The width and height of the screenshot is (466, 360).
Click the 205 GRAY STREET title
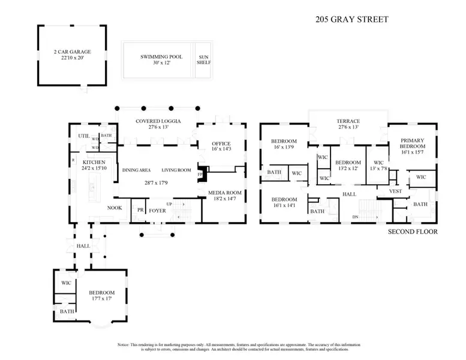(352, 19)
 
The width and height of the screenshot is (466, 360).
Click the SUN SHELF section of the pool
(204, 59)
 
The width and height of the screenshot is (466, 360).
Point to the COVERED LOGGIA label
(158, 121)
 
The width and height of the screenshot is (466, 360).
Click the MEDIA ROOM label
(225, 193)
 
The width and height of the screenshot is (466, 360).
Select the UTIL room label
(83, 136)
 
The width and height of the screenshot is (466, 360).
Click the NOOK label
(115, 208)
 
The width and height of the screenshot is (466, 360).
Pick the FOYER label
(158, 211)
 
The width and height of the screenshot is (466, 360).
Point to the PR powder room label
(140, 211)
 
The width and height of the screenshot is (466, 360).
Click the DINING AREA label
(136, 170)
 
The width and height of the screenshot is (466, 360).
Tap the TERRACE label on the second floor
(347, 121)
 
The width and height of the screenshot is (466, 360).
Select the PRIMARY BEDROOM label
(413, 143)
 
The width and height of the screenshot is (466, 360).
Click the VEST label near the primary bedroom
(395, 191)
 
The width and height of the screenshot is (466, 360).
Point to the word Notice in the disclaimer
(124, 345)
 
